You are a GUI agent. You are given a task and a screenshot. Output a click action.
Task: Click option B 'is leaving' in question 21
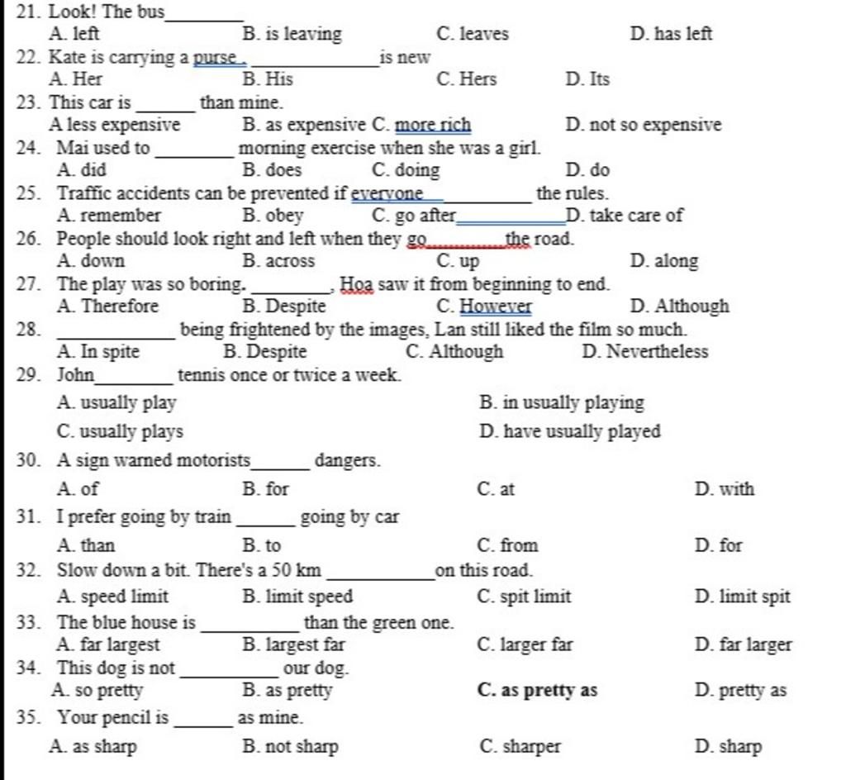tap(292, 35)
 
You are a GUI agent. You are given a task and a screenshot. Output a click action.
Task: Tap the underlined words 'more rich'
tap(433, 126)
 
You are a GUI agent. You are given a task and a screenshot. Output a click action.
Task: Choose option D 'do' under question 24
tap(588, 171)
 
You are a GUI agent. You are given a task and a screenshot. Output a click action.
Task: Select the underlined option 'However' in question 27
tap(496, 307)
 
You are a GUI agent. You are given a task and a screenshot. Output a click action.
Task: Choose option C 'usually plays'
tap(121, 432)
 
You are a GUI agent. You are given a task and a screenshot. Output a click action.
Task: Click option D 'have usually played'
tap(570, 432)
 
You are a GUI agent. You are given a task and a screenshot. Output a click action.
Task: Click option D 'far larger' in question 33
tap(744, 645)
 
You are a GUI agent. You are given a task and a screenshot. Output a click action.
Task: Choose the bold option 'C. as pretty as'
tap(537, 691)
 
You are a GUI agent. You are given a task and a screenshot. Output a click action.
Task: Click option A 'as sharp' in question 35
tap(93, 747)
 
